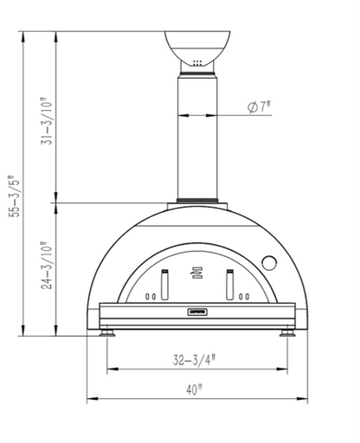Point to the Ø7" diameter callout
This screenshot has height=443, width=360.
(x=259, y=107)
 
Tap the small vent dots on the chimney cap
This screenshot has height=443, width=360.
(x=198, y=62)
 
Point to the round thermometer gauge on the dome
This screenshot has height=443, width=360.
(x=269, y=261)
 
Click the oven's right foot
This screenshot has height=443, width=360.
(x=286, y=331)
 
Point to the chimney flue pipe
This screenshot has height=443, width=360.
(x=198, y=138)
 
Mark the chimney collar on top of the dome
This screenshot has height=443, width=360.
(x=198, y=204)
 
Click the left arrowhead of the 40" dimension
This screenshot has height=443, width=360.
(x=91, y=401)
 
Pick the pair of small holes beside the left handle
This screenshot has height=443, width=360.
(x=151, y=297)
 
